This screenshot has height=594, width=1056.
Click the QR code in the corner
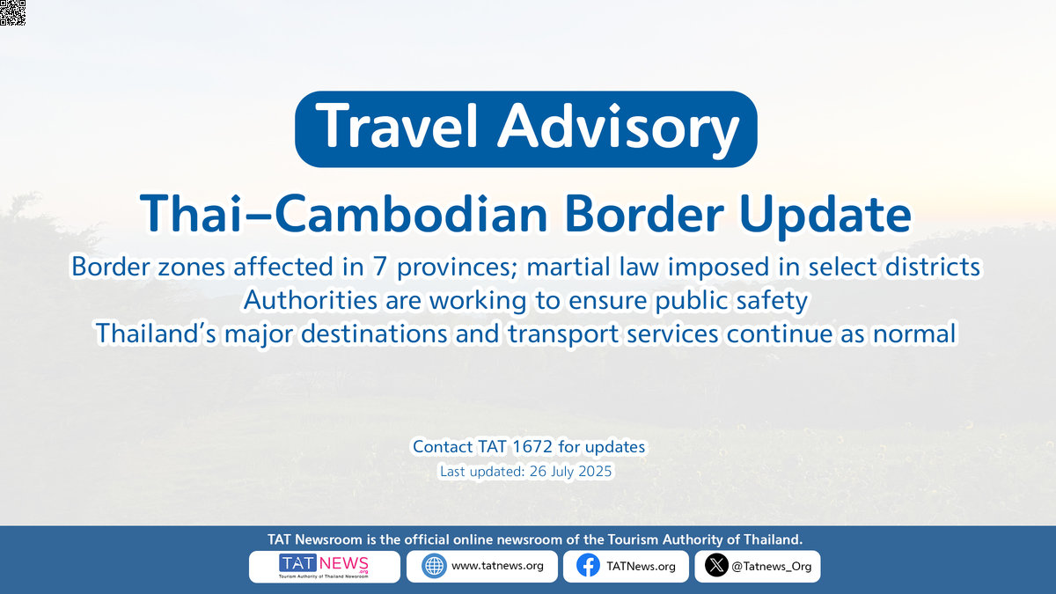pyautogui.click(x=12, y=12)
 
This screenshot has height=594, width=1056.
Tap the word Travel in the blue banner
pyautogui.click(x=397, y=127)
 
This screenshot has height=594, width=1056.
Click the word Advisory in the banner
pyautogui.click(x=619, y=129)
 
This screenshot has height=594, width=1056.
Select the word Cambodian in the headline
pyautogui.click(x=411, y=214)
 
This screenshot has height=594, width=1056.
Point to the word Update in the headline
pyautogui.click(x=825, y=216)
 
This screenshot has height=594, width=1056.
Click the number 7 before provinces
pyautogui.click(x=380, y=267)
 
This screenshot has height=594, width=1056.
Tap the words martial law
pyautogui.click(x=592, y=267)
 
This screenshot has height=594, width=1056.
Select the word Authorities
pyautogui.click(x=310, y=300)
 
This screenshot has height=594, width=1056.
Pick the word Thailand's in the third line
pyautogui.click(x=156, y=334)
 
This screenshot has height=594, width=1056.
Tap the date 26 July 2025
pyautogui.click(x=570, y=471)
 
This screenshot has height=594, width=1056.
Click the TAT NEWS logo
pyautogui.click(x=324, y=566)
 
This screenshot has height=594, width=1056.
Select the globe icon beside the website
pyautogui.click(x=434, y=566)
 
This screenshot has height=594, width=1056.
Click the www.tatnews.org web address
pyautogui.click(x=497, y=566)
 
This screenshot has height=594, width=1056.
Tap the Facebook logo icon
pyautogui.click(x=588, y=566)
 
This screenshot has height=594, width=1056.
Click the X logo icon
pyautogui.click(x=716, y=565)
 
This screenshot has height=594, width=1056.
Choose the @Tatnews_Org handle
pyautogui.click(x=771, y=567)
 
